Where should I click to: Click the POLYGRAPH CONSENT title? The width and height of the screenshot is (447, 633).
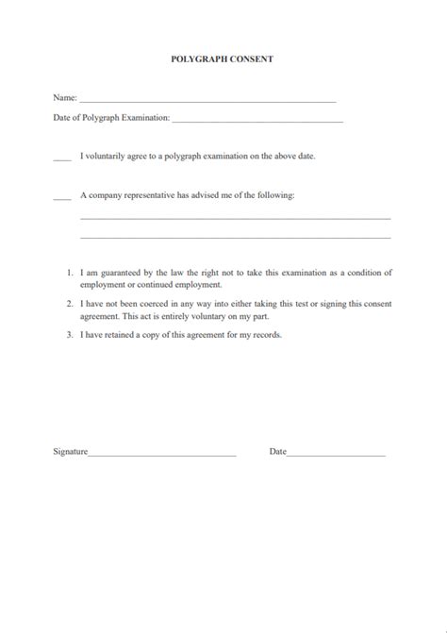pyautogui.click(x=223, y=58)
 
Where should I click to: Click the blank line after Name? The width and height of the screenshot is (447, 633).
pyautogui.click(x=207, y=99)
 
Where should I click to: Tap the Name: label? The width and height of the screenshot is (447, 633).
pyautogui.click(x=65, y=97)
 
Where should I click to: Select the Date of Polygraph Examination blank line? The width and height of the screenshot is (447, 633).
pyautogui.click(x=257, y=120)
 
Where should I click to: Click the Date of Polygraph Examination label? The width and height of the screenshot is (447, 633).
pyautogui.click(x=111, y=118)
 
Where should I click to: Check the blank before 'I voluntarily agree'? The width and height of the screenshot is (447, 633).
pyautogui.click(x=62, y=158)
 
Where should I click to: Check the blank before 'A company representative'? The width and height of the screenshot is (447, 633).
pyautogui.click(x=62, y=198)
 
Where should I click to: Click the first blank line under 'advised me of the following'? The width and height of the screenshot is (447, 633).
pyautogui.click(x=235, y=218)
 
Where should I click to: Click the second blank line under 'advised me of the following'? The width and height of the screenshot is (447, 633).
pyautogui.click(x=235, y=237)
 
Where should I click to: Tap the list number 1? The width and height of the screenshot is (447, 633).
pyautogui.click(x=70, y=273)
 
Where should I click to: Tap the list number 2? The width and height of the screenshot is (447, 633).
pyautogui.click(x=70, y=304)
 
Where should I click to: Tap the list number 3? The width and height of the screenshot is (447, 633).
pyautogui.click(x=70, y=335)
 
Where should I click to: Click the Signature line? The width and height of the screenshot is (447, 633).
pyautogui.click(x=161, y=455)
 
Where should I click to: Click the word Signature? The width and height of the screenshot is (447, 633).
pyautogui.click(x=70, y=452)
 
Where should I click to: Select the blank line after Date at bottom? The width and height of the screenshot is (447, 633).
pyautogui.click(x=336, y=455)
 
